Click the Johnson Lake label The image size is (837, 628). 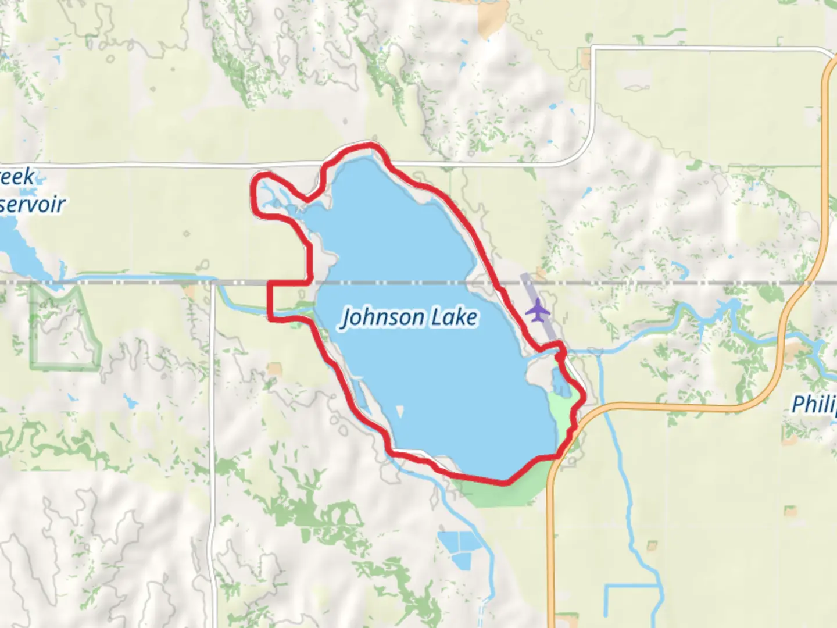point(409,317)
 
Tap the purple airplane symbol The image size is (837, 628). point(538,309)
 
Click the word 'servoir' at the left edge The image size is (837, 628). point(33,205)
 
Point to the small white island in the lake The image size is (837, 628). point(400,412)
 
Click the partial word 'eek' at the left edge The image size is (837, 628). point(17,177)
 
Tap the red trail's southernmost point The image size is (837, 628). point(505,482)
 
